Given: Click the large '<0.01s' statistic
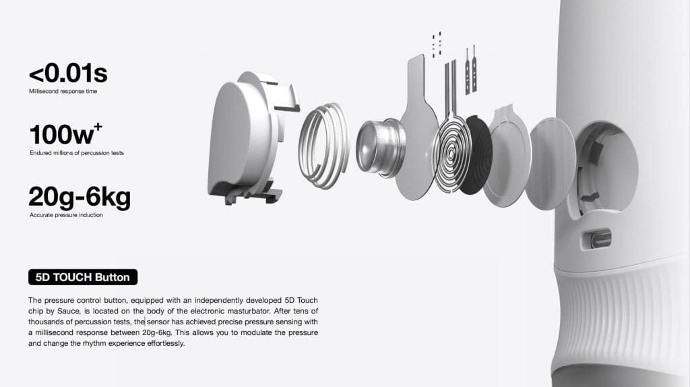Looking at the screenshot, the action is [x=68, y=73].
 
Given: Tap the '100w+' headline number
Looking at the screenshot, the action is [x=65, y=134].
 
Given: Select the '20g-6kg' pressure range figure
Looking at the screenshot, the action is [x=80, y=198].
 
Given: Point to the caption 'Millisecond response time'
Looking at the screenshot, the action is [x=63, y=91].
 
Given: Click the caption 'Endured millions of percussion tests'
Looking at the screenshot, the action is [x=77, y=153].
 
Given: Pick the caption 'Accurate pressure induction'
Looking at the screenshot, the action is [x=66, y=215].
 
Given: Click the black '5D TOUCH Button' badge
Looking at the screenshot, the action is [x=83, y=277].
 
